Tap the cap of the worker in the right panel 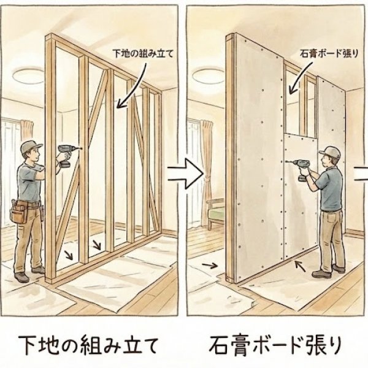[x=331, y=152]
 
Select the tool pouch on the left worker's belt [x=19, y=212]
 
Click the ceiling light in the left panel [x=28, y=75]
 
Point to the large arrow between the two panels [x=185, y=174]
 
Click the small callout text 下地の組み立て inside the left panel [x=143, y=53]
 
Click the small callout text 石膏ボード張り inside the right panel [x=329, y=54]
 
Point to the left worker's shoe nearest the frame [x=38, y=270]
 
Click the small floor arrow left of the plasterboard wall [x=210, y=266]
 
